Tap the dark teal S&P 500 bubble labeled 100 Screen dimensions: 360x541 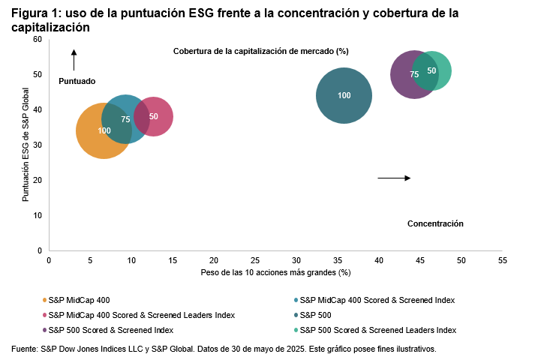click(x=344, y=95)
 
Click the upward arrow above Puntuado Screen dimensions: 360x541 click(x=74, y=59)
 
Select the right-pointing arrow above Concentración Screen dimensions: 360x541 click(x=394, y=178)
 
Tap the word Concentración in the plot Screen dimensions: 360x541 click(x=435, y=223)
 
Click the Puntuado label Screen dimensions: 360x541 click(x=77, y=80)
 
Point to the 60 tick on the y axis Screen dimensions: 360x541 click(x=37, y=39)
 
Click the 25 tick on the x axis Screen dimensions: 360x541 click(x=255, y=259)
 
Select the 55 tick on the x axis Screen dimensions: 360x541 click(x=503, y=259)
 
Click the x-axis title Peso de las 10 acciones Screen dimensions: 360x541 click(x=275, y=271)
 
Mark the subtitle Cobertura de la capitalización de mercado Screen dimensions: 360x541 click(x=261, y=51)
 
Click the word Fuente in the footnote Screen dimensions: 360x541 click(x=24, y=349)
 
